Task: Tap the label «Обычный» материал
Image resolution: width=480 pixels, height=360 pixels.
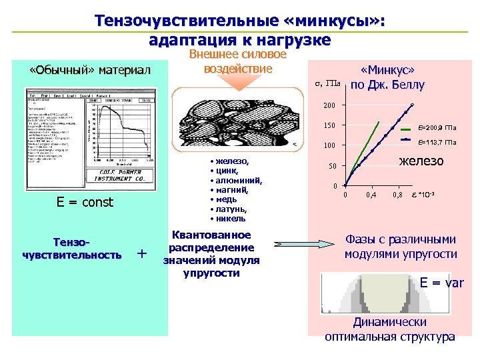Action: click(91, 71)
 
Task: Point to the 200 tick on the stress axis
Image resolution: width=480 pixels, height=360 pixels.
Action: click(330, 106)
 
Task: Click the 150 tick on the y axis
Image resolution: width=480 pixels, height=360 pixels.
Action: click(330, 126)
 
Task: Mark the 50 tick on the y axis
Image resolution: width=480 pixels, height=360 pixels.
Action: click(332, 166)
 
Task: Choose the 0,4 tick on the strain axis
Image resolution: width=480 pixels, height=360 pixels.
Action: click(371, 195)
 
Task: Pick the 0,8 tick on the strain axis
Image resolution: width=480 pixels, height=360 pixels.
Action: click(397, 195)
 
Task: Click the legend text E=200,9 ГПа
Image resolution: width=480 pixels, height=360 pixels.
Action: click(437, 127)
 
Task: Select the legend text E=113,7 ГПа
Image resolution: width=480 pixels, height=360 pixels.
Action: click(437, 142)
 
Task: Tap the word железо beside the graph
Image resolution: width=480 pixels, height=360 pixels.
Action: click(421, 161)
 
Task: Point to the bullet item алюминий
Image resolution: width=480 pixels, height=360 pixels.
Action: click(239, 180)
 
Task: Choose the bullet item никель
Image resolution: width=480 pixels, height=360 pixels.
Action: click(230, 218)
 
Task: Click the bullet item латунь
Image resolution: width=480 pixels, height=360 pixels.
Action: click(231, 209)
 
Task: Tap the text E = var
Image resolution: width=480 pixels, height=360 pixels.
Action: click(441, 283)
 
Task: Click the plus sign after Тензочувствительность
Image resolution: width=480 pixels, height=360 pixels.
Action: click(141, 253)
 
